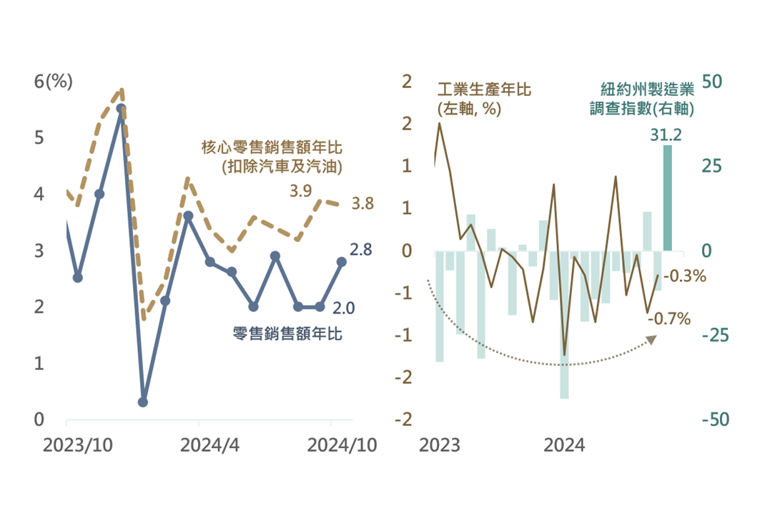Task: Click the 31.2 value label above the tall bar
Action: coord(666,135)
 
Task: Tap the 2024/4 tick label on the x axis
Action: coord(209,445)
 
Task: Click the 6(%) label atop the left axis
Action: coord(54,81)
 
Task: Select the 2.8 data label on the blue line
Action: coord(360,250)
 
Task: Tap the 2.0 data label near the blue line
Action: coord(345,308)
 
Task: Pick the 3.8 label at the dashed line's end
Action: coord(363,204)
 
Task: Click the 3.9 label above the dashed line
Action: coord(300,190)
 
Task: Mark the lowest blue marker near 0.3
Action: coord(143,402)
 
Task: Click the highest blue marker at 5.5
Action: coord(121,109)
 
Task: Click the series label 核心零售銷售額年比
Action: coord(271,148)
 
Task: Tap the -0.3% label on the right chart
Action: coord(684,276)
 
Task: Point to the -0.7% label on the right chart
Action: coord(668,318)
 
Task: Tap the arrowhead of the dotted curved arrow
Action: coord(653,339)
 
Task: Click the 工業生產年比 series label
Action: coord(484,90)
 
